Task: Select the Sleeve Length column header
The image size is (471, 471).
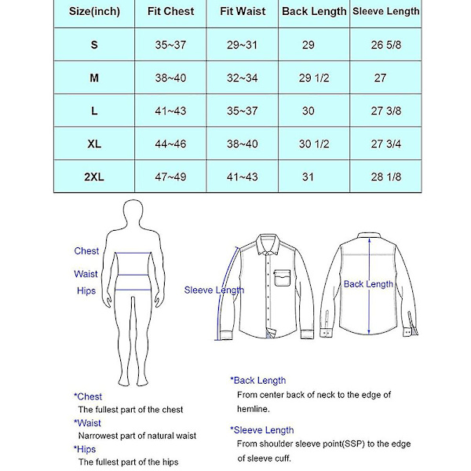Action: pyautogui.click(x=385, y=12)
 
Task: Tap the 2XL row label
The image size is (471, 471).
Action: pyautogui.click(x=94, y=177)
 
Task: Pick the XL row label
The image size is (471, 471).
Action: pyautogui.click(x=94, y=144)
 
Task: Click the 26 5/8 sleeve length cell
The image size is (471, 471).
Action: pyautogui.click(x=385, y=46)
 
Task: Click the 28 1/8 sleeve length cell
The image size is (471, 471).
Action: pyautogui.click(x=385, y=177)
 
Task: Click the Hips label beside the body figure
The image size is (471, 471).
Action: pyautogui.click(x=86, y=291)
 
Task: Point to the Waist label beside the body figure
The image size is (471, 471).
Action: pyautogui.click(x=86, y=274)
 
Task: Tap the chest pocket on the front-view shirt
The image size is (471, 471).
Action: pyautogui.click(x=283, y=279)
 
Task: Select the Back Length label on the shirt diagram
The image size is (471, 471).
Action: pyautogui.click(x=368, y=284)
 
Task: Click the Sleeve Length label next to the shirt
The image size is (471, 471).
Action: pyautogui.click(x=214, y=290)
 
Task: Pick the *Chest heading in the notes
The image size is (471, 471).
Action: pyautogui.click(x=88, y=396)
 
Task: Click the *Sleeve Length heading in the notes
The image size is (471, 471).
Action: pyautogui.click(x=262, y=430)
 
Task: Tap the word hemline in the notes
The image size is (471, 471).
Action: pyautogui.click(x=253, y=409)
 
